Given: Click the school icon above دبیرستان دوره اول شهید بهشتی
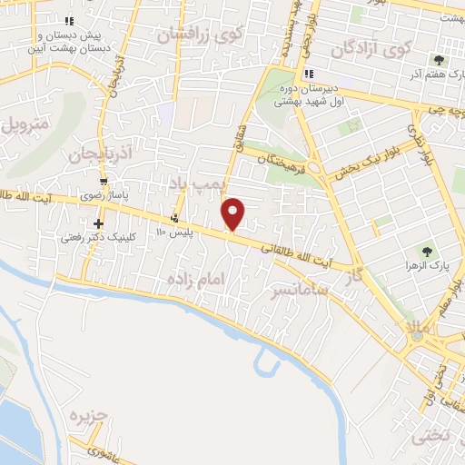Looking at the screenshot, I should (x=309, y=74).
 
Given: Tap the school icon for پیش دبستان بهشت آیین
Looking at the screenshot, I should (x=70, y=21).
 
